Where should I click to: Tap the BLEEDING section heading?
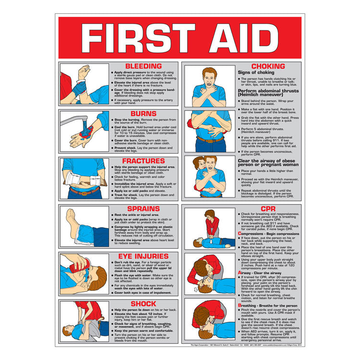click(x=143, y=66)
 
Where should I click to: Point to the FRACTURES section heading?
click(x=143, y=161)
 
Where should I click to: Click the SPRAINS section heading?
click(x=143, y=209)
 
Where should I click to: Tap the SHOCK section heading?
click(x=143, y=303)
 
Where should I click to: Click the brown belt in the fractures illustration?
click(x=84, y=191)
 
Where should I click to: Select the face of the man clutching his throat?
click(x=209, y=76)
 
